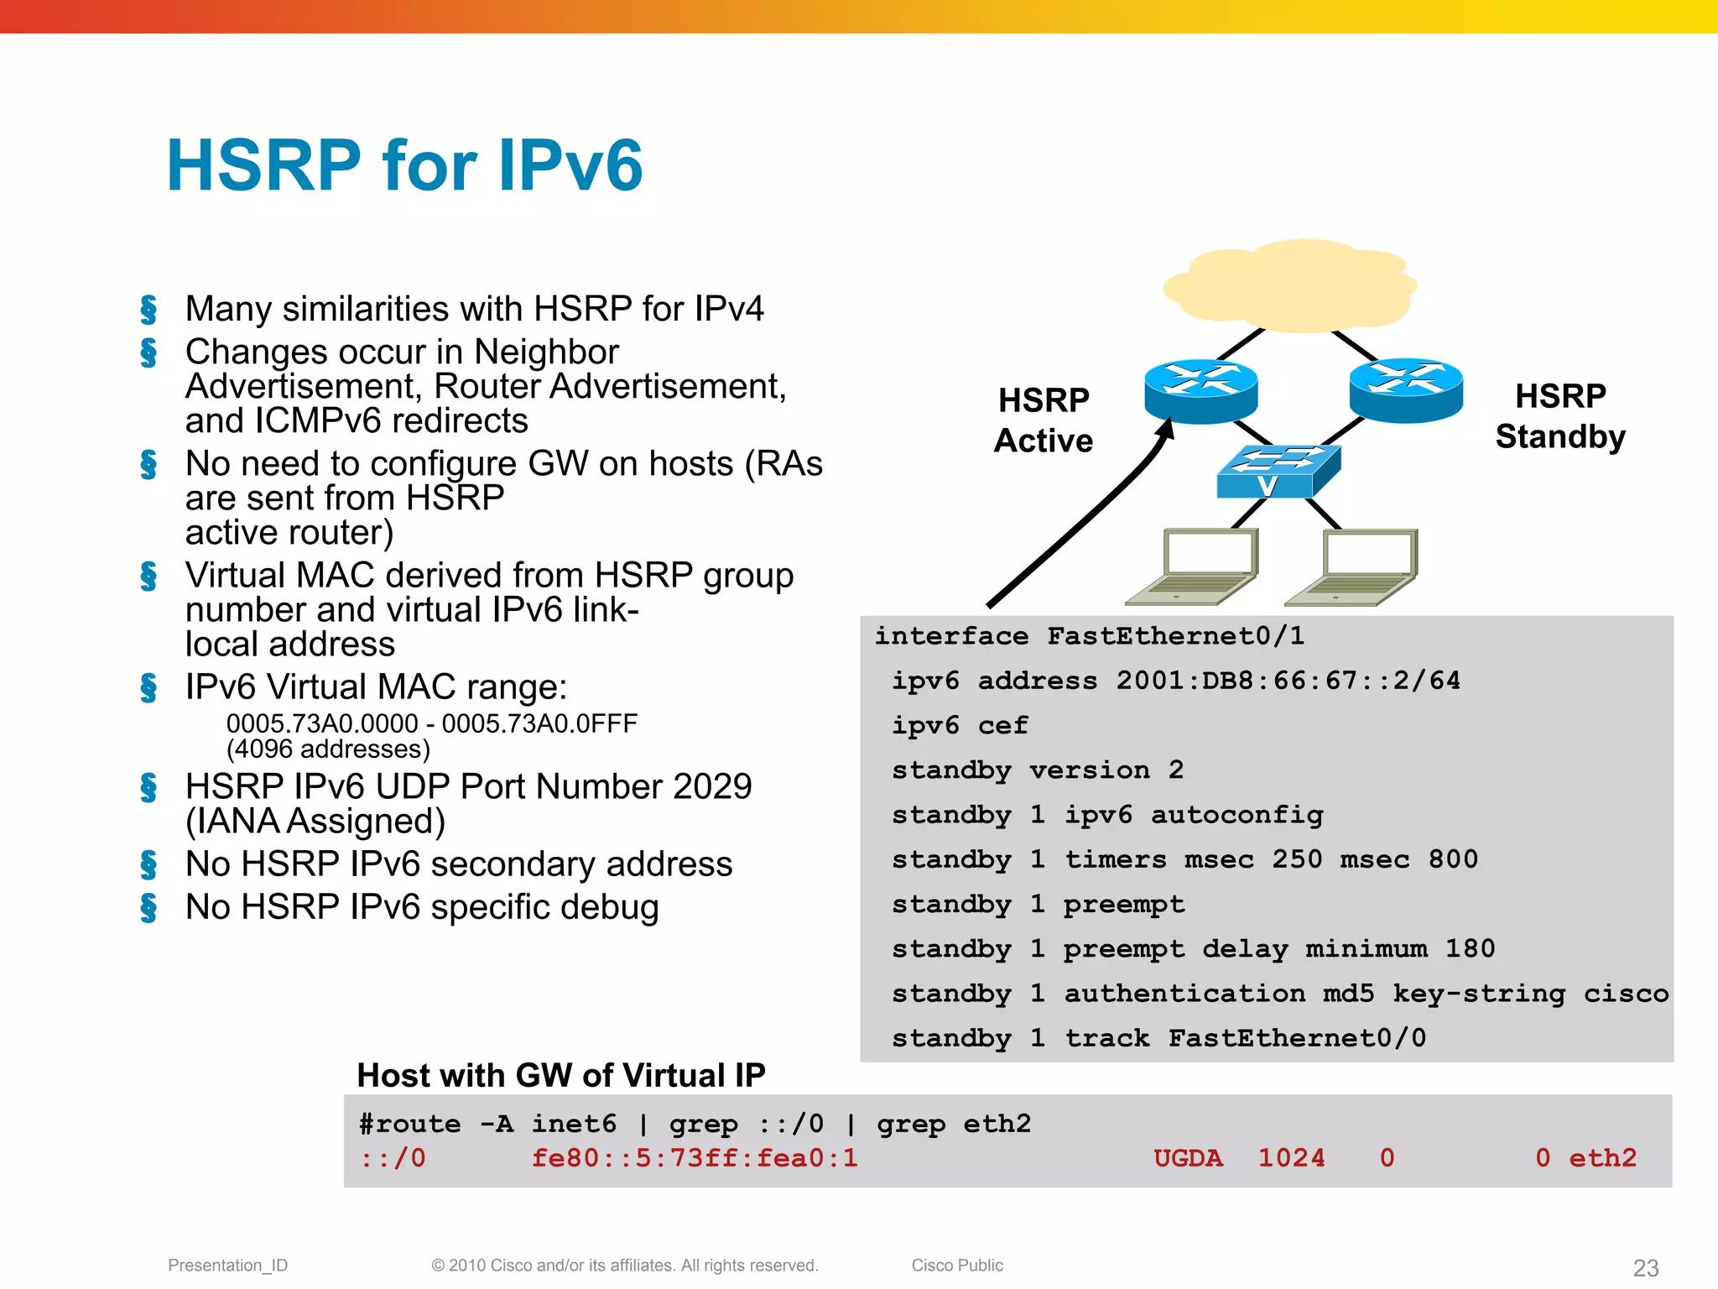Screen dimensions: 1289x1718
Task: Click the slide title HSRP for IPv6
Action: (404, 165)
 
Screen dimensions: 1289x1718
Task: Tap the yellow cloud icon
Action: (1290, 285)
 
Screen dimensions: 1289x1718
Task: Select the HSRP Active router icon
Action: (1200, 391)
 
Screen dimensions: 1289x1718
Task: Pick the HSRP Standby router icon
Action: (1406, 389)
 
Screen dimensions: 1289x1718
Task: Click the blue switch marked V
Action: (1278, 472)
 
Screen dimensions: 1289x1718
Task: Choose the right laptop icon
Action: (1353, 567)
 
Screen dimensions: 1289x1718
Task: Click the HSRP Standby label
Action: (1559, 416)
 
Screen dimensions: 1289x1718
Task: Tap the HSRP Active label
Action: (1044, 420)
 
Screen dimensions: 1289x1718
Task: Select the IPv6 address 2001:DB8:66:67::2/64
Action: (1288, 681)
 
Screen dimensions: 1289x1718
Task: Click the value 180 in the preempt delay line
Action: (1470, 949)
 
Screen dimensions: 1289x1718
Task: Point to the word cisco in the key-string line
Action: (1625, 994)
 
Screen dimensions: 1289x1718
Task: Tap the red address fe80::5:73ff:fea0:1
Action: (695, 1158)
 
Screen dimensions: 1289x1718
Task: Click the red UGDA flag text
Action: (1188, 1158)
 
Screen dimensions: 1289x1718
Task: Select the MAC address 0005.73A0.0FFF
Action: (539, 723)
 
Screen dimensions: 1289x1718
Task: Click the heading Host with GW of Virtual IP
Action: (560, 1075)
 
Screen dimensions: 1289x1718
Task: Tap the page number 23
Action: (1645, 1267)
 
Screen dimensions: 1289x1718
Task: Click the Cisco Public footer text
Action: (957, 1266)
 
